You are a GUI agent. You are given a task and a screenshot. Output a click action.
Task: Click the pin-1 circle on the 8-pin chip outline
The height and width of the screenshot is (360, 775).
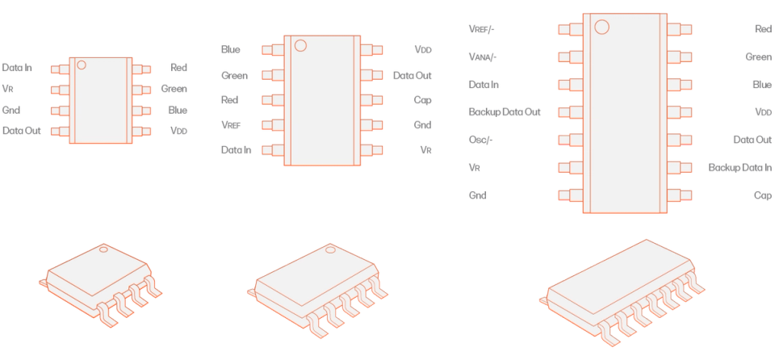[x=81, y=65]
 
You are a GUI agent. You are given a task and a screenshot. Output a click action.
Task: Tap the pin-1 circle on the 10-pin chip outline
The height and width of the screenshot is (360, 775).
[x=300, y=45]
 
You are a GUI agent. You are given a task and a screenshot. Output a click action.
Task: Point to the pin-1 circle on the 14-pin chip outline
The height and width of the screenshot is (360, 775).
[x=602, y=27]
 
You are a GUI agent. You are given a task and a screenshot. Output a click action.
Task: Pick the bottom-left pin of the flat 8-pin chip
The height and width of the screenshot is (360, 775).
[x=59, y=131]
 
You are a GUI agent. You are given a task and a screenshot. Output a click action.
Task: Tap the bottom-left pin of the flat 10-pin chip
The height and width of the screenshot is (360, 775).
[x=271, y=150]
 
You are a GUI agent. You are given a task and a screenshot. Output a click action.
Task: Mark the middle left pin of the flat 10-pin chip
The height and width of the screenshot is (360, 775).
[x=271, y=100]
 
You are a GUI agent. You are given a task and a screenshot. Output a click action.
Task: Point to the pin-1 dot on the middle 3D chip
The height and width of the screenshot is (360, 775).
[x=329, y=249]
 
